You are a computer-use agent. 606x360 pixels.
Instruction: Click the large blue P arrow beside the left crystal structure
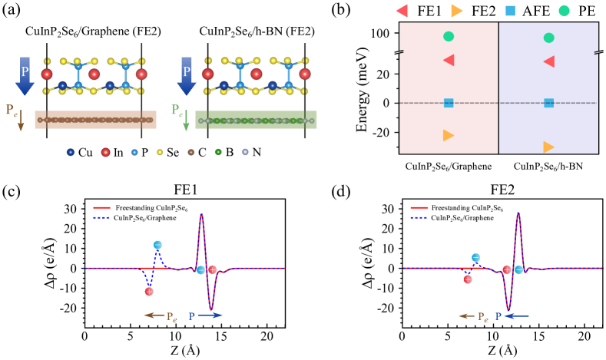[x=25, y=75]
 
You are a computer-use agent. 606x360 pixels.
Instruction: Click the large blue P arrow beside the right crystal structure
[x=186, y=75]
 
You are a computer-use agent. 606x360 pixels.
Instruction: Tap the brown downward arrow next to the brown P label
[x=21, y=121]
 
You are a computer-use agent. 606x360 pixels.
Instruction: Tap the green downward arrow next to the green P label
[x=186, y=121]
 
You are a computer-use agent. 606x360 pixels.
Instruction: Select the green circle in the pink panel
[x=449, y=36]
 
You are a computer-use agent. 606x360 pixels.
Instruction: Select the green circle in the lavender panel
[x=548, y=38]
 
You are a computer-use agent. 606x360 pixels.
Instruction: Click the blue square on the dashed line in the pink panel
[x=449, y=103]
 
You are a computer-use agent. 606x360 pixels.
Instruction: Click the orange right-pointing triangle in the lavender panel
[x=548, y=147]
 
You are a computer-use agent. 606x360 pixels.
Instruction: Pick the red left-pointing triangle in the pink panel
[x=449, y=60]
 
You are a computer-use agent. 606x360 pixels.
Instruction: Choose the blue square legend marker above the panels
[x=510, y=11]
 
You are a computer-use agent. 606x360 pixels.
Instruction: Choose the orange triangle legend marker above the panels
[x=457, y=11]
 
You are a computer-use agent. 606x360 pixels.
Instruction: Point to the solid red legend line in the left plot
[x=101, y=207]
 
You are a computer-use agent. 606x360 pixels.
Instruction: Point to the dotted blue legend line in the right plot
[x=419, y=218]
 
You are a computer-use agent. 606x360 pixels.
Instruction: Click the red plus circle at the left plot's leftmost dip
[x=149, y=291]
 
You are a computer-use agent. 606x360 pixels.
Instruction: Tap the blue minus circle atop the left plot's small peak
[x=157, y=245]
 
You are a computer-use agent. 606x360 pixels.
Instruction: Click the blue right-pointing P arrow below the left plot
[x=210, y=315]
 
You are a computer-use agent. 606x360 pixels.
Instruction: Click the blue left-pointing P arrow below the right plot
[x=516, y=315]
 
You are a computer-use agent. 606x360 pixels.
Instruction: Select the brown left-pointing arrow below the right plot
[x=466, y=315]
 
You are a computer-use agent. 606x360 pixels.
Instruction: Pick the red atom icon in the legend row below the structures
[x=105, y=152]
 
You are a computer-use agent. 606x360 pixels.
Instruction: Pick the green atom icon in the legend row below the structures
[x=218, y=152]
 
